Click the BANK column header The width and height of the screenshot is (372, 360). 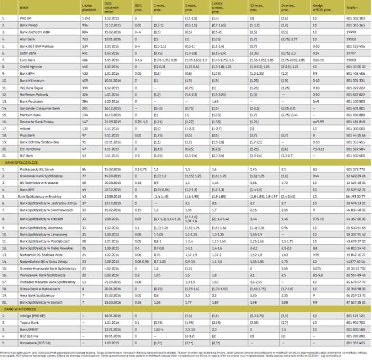24,9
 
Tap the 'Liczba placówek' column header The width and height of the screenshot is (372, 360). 86,9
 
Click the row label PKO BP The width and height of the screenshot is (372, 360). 25,19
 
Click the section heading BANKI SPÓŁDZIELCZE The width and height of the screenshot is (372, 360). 19,145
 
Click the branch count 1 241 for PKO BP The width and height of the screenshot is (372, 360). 86,19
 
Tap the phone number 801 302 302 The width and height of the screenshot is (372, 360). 355,19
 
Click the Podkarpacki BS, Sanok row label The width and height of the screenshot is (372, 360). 37,153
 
